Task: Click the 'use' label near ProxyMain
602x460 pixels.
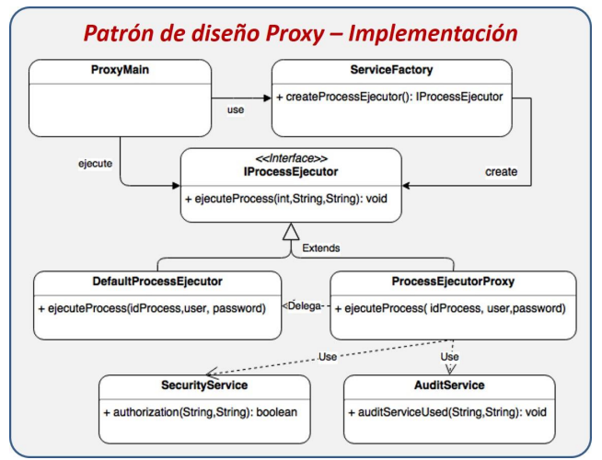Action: click(235, 110)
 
